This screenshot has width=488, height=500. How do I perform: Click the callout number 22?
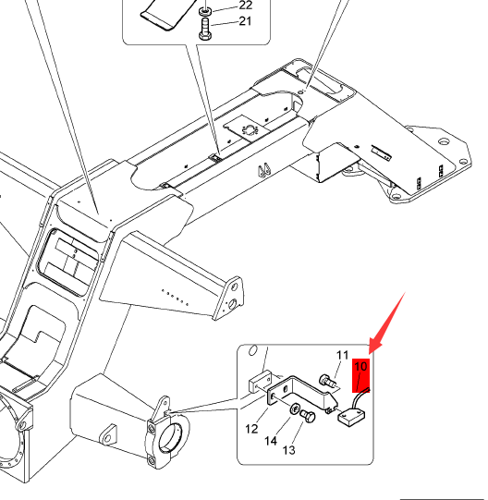(x=245, y=5)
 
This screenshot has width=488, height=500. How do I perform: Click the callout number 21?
(x=245, y=21)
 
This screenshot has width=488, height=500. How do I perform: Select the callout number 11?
(x=343, y=355)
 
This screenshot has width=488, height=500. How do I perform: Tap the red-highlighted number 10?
(x=360, y=367)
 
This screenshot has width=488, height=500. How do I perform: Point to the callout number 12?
(x=251, y=429)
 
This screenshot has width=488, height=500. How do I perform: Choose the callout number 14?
(x=271, y=441)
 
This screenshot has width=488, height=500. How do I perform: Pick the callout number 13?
(x=289, y=450)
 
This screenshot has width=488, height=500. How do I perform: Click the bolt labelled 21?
(x=205, y=29)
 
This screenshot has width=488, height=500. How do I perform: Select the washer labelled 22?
(x=205, y=11)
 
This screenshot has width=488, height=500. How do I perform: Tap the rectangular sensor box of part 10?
(x=351, y=417)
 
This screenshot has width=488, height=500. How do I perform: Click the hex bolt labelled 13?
(x=308, y=416)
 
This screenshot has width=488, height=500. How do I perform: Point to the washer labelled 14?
(x=295, y=409)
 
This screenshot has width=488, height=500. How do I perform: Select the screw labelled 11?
(x=327, y=381)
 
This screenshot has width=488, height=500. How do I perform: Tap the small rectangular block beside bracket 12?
(x=260, y=381)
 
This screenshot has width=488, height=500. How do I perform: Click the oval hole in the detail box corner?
(x=252, y=350)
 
